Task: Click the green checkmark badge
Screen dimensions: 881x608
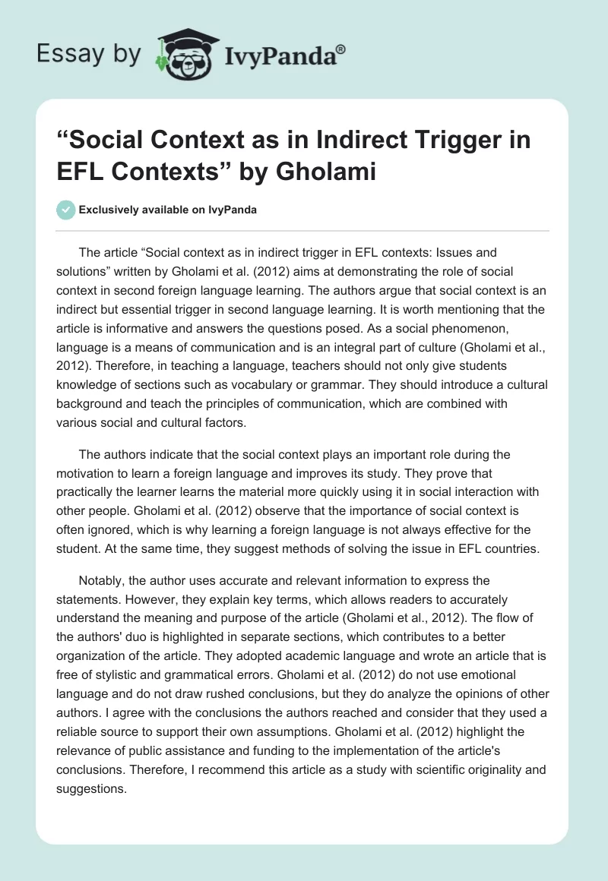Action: [x=67, y=210]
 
